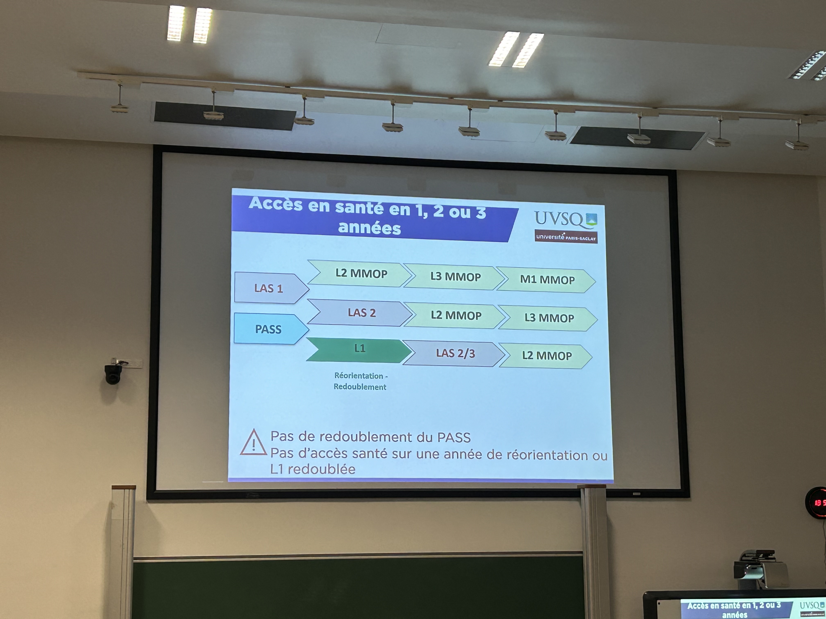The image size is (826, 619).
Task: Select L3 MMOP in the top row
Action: coord(454,277)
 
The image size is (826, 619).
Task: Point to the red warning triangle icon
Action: coord(254,443)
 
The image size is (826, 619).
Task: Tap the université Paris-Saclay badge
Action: coord(566,237)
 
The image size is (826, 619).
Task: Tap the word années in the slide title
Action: coord(369,228)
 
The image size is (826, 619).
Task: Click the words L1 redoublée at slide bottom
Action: coord(313,469)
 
